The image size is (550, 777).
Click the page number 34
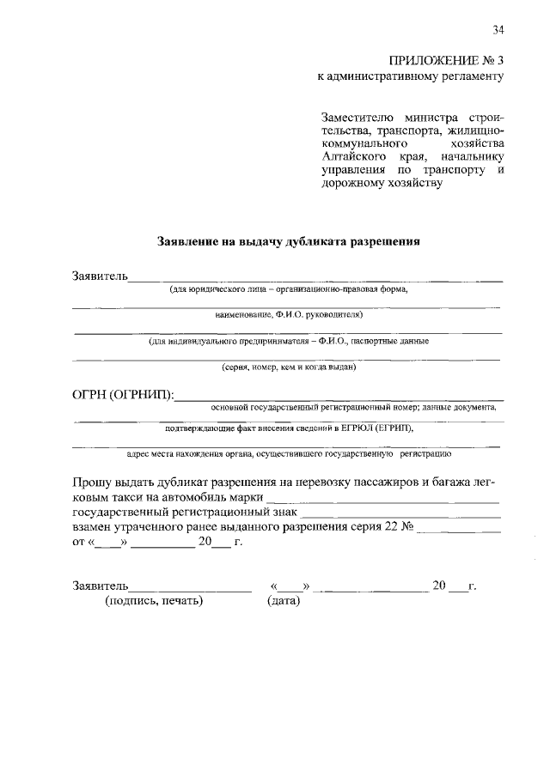click(498, 31)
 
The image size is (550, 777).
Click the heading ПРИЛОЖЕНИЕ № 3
click(446, 60)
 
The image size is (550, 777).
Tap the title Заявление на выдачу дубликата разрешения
click(288, 241)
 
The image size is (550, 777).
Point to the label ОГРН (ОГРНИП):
click(123, 395)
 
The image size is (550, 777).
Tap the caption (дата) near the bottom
click(284, 601)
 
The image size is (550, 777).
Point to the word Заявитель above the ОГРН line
click(100, 276)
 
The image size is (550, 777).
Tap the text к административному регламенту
click(410, 76)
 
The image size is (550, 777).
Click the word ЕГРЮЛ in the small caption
click(355, 427)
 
